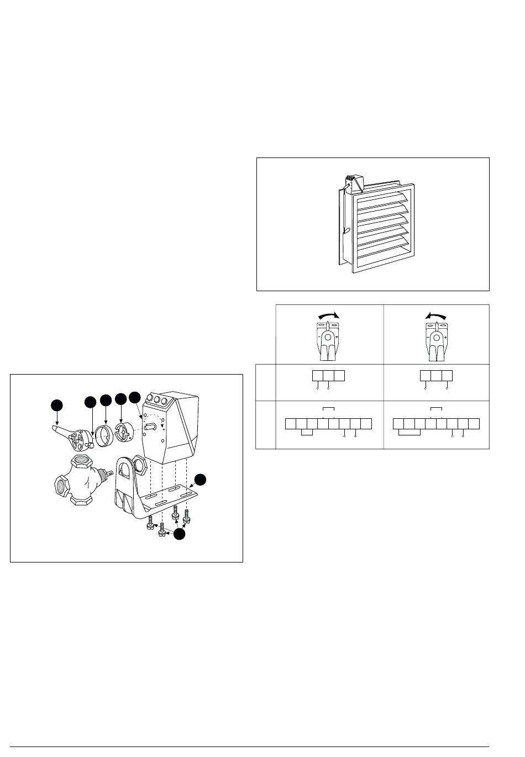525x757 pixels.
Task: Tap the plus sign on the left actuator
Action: tap(337, 336)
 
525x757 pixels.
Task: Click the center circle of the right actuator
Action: tap(435, 337)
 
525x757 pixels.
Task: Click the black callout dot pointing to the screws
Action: tap(179, 534)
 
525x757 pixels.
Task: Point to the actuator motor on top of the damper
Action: tap(352, 181)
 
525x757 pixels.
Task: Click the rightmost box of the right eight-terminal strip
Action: tap(474, 424)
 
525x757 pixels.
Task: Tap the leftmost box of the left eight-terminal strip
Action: tap(291, 424)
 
